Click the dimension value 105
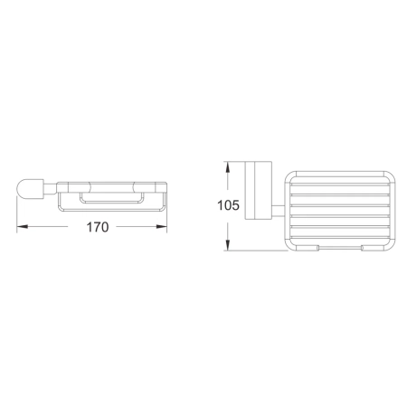tap(229, 205)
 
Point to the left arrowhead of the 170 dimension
tap(22, 226)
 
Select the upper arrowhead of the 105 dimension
tap(230, 168)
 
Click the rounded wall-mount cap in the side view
tap(29, 189)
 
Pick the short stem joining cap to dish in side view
tap(49, 190)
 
